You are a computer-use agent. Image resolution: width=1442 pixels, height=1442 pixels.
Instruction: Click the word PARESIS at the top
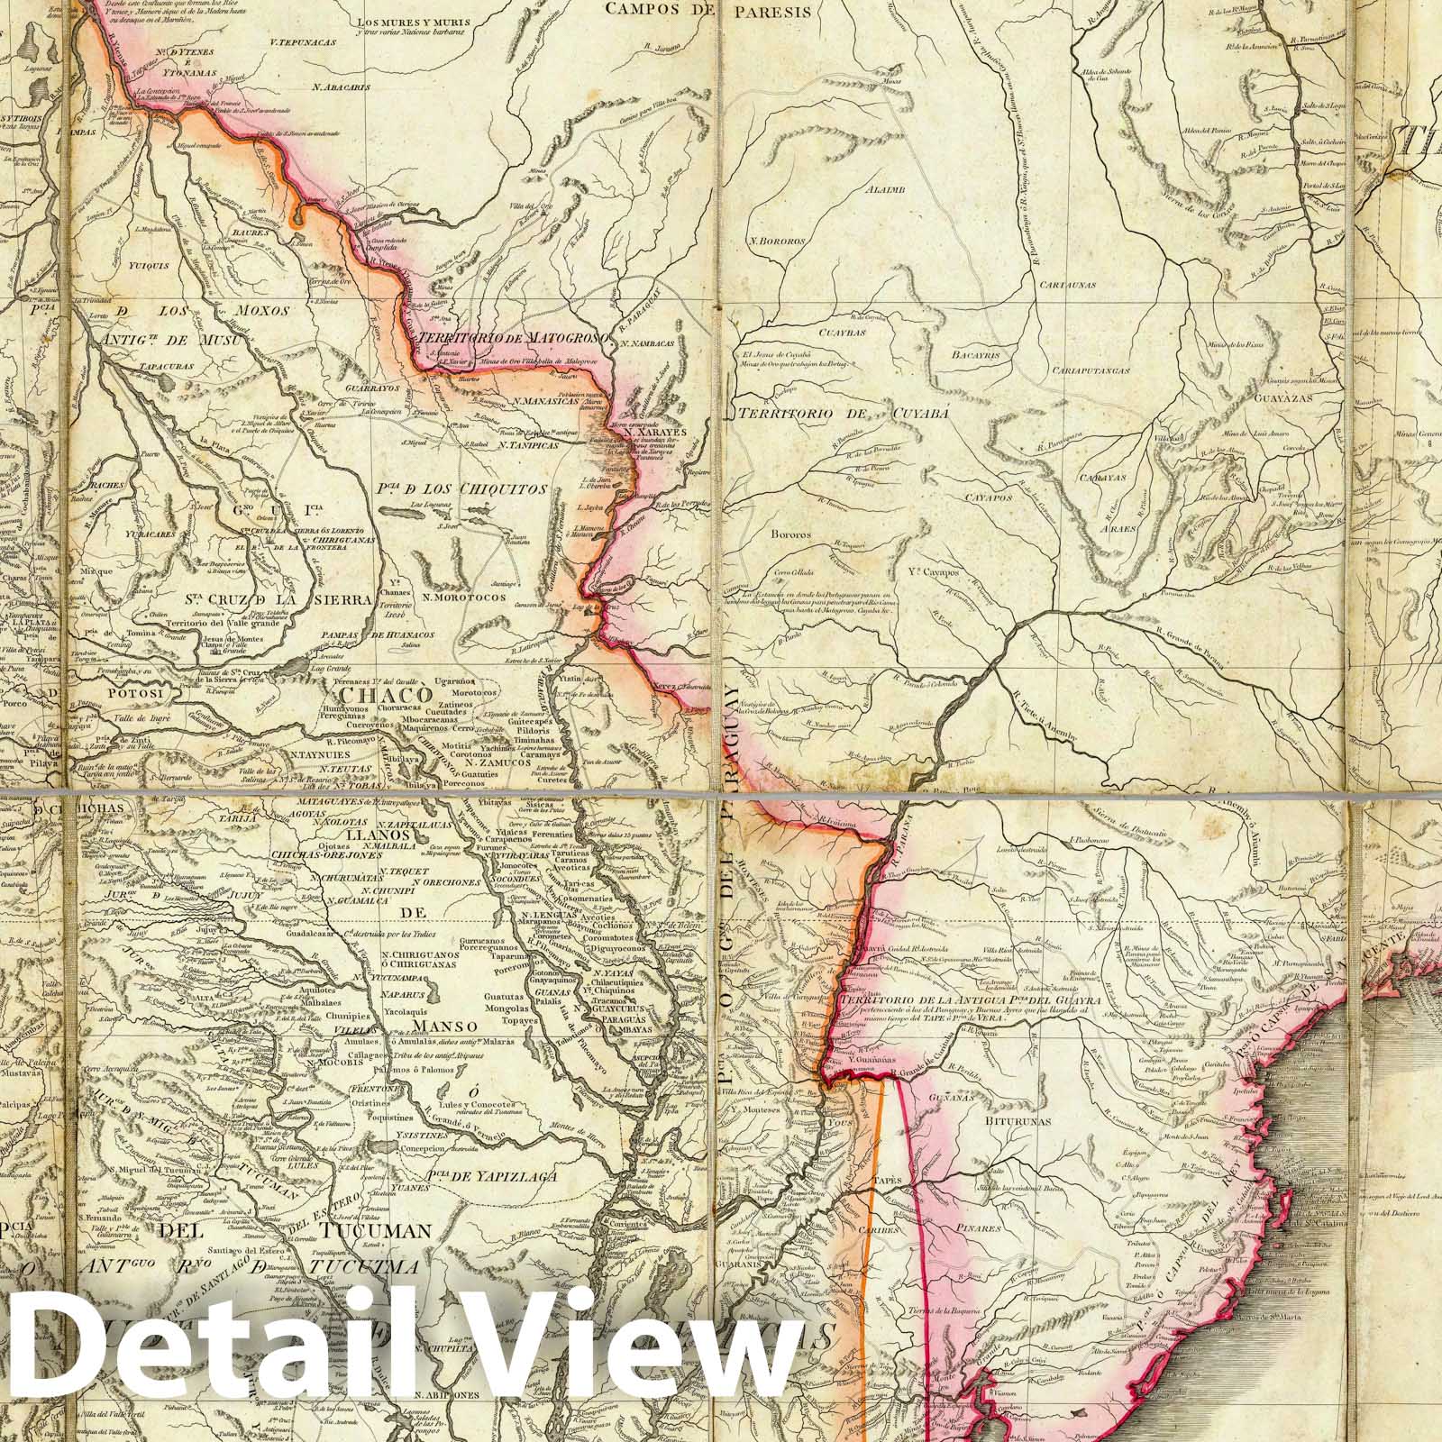pos(771,13)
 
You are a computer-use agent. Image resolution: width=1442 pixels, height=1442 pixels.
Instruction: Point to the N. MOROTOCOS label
pos(469,596)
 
